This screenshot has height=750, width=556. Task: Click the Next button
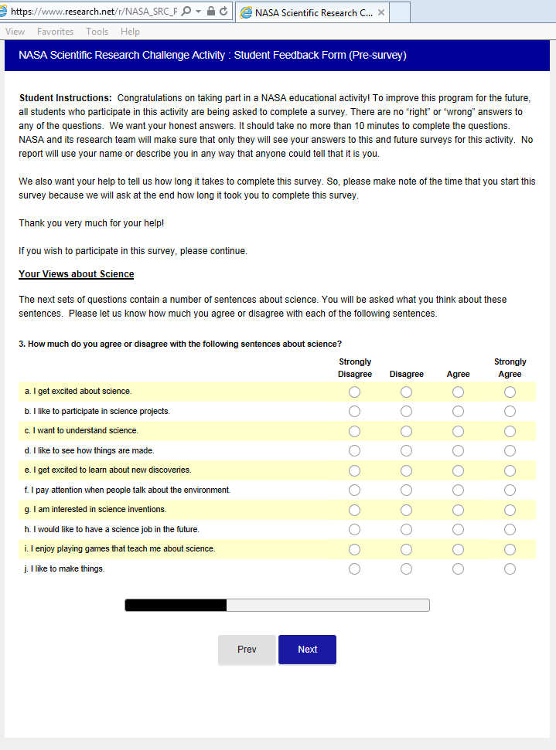tap(307, 650)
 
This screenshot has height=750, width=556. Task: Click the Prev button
tap(247, 650)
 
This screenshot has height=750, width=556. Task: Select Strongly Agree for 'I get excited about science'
tap(510, 392)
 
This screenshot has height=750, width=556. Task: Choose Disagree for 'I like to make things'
tap(406, 568)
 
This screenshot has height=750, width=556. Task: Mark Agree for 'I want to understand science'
tap(458, 431)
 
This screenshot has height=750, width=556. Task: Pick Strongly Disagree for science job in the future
tap(354, 529)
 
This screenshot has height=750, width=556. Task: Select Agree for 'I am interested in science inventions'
tap(458, 510)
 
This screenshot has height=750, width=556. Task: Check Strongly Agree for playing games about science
tap(510, 549)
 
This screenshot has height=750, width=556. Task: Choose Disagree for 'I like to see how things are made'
tap(406, 450)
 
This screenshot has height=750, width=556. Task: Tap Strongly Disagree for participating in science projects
tap(354, 411)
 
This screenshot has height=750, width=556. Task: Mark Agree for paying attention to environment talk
tap(458, 490)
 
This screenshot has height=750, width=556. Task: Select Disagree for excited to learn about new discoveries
tap(406, 470)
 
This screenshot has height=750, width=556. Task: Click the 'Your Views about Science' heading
tap(76, 274)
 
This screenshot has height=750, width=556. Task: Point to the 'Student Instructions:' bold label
tap(65, 98)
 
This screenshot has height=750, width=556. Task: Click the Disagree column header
tap(406, 374)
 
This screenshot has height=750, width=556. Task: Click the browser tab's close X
tap(381, 13)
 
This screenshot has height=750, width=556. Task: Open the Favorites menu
tap(55, 32)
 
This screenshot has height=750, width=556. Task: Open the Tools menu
tap(97, 32)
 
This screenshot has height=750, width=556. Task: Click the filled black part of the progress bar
tap(176, 605)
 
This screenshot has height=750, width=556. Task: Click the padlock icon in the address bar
tap(211, 12)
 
